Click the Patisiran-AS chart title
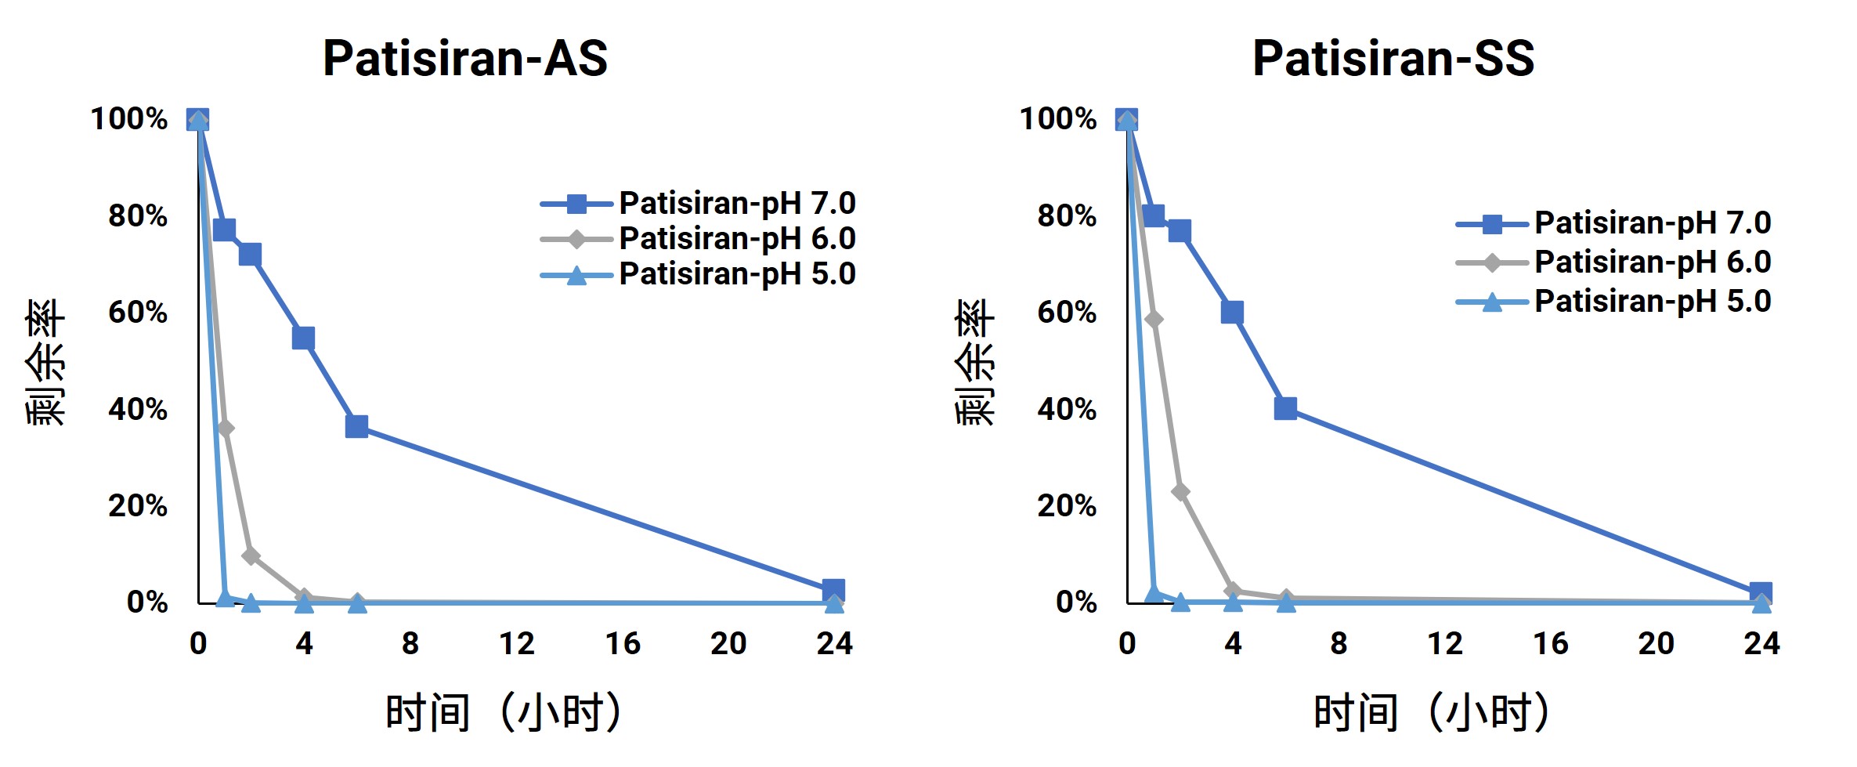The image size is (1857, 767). (465, 58)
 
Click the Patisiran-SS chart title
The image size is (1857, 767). (1393, 58)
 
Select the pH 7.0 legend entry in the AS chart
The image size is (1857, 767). (698, 204)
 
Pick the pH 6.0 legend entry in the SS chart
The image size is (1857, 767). (1613, 262)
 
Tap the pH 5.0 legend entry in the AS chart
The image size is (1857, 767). (698, 274)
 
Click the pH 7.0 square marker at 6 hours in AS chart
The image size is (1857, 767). (356, 426)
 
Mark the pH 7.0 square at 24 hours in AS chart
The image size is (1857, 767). (833, 591)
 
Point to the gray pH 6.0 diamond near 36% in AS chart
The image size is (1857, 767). (225, 429)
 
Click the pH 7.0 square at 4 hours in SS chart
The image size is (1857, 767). (1232, 313)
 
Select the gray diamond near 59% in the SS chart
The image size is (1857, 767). (1153, 319)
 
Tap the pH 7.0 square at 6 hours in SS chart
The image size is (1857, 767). (1285, 408)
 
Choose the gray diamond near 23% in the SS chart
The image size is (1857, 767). (1180, 492)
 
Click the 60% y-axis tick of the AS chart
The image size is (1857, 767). (138, 313)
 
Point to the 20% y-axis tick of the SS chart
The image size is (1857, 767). (1067, 506)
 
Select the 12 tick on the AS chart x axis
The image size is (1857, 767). (516, 644)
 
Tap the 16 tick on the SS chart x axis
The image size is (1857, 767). (1551, 644)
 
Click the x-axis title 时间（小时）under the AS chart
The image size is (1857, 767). (504, 711)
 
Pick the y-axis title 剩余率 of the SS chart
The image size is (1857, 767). (974, 362)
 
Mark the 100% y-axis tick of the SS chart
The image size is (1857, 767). (1058, 119)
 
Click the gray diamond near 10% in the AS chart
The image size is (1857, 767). (251, 556)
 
